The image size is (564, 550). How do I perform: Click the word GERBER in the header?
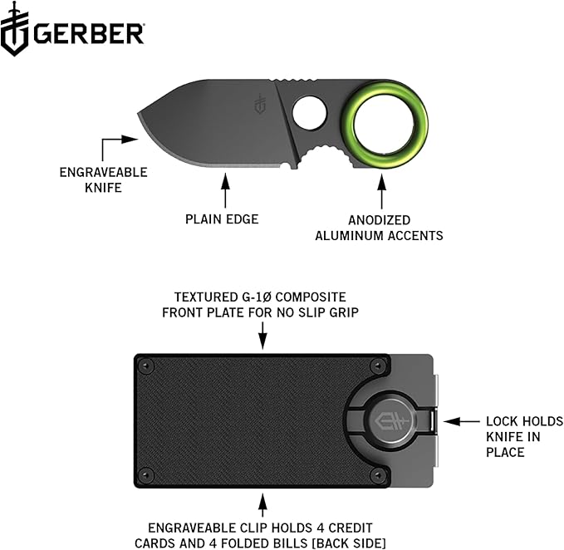click(89, 34)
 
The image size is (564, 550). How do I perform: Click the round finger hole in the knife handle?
click(310, 113)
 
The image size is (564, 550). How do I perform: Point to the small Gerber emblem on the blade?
click(261, 106)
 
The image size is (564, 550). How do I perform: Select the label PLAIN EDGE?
click(223, 220)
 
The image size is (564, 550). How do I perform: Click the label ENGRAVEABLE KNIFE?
click(103, 180)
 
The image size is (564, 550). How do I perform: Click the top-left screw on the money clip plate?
click(147, 364)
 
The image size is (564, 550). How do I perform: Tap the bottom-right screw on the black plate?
click(379, 476)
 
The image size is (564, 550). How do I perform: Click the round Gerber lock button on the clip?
click(390, 420)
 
